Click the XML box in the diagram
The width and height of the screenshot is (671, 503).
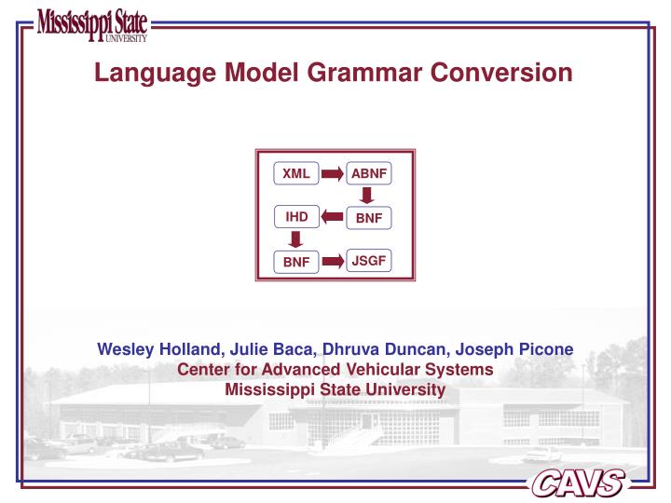point(295,173)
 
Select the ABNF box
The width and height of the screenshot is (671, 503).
point(369,173)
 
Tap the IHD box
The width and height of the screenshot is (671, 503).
point(296,218)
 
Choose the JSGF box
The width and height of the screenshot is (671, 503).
point(369,261)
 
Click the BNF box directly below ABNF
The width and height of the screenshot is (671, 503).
point(369,219)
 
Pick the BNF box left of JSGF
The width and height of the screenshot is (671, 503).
point(295,263)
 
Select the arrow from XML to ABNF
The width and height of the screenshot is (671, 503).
point(333,173)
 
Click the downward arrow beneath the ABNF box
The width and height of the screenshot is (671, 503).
point(368,196)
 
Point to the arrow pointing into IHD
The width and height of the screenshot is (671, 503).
point(333,218)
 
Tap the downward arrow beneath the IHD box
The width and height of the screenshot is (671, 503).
point(295,240)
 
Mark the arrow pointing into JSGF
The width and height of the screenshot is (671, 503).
point(333,262)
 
